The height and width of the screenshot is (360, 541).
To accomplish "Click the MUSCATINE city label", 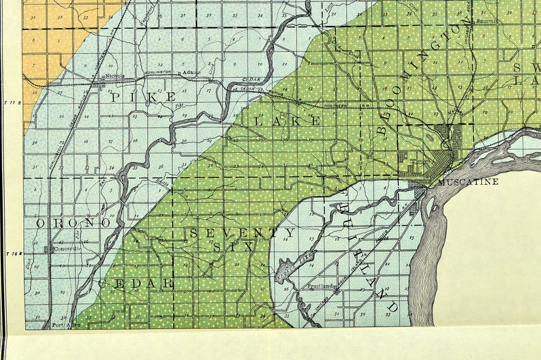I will pos(468,182).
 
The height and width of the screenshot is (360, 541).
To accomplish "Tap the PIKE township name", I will pos(143,97).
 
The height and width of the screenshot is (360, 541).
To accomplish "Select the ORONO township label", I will pos(73,224).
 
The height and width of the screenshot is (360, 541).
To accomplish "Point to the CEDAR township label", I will pos(136,283).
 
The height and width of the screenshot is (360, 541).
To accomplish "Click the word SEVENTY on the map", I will pos(243,233).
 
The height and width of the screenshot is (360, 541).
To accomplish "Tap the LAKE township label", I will pos(287,121).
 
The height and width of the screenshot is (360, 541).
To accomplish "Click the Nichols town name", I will pos(114,76).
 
